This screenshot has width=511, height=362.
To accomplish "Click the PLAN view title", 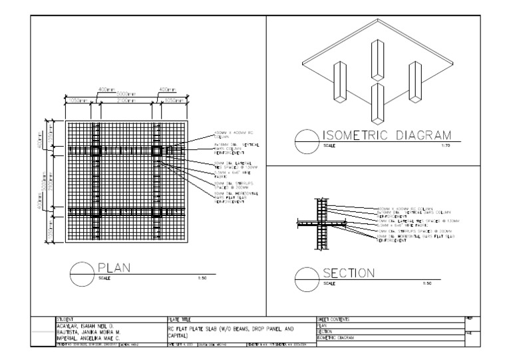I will (114, 268).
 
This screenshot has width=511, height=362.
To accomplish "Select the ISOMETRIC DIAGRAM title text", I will (387, 135).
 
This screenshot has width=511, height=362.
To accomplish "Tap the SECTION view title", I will (349, 274).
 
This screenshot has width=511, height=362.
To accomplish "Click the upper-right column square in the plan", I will (158, 151).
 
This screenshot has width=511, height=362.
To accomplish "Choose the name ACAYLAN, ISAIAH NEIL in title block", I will (86, 326).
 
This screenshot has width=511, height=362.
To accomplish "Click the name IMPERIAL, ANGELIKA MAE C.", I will (90, 338).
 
